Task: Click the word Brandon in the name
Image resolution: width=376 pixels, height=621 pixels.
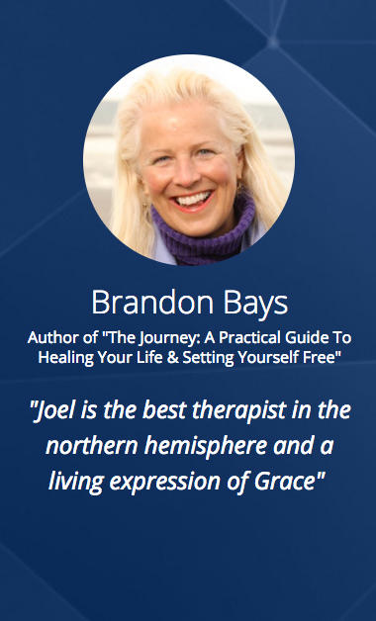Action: [x=152, y=303]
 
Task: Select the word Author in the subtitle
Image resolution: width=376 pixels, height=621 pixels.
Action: [x=47, y=337]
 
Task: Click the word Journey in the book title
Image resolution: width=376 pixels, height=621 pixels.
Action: [x=158, y=338]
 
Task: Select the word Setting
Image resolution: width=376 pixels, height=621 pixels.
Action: [x=204, y=358]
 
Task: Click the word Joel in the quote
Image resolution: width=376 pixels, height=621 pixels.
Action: [x=47, y=410]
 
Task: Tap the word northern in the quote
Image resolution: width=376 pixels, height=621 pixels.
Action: [x=91, y=446]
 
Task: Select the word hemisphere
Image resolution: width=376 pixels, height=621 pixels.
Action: [x=206, y=447]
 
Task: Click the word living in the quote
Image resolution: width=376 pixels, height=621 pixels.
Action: [x=76, y=482]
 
